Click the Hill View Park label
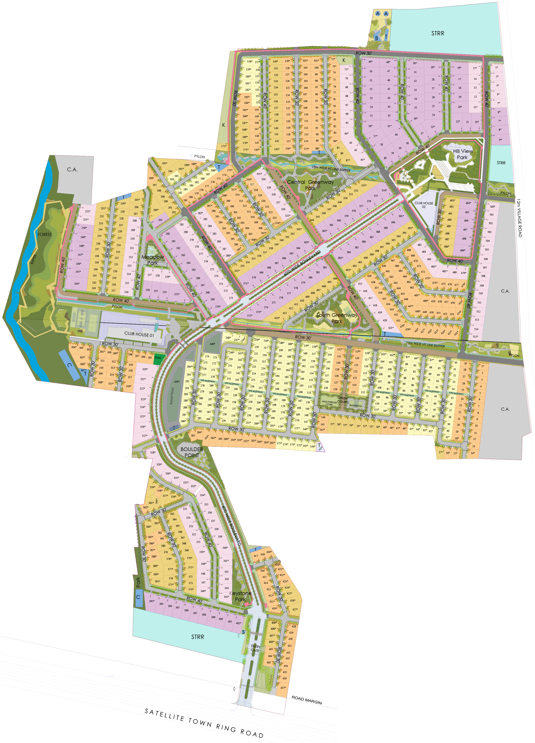tap(462, 154)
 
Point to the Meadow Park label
tap(153, 260)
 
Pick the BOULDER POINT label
tap(192, 452)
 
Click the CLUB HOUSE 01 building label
tap(139, 334)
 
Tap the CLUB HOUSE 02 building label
tap(424, 205)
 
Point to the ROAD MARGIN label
tap(307, 700)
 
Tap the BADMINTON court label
tap(356, 406)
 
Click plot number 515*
tap(475, 337)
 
